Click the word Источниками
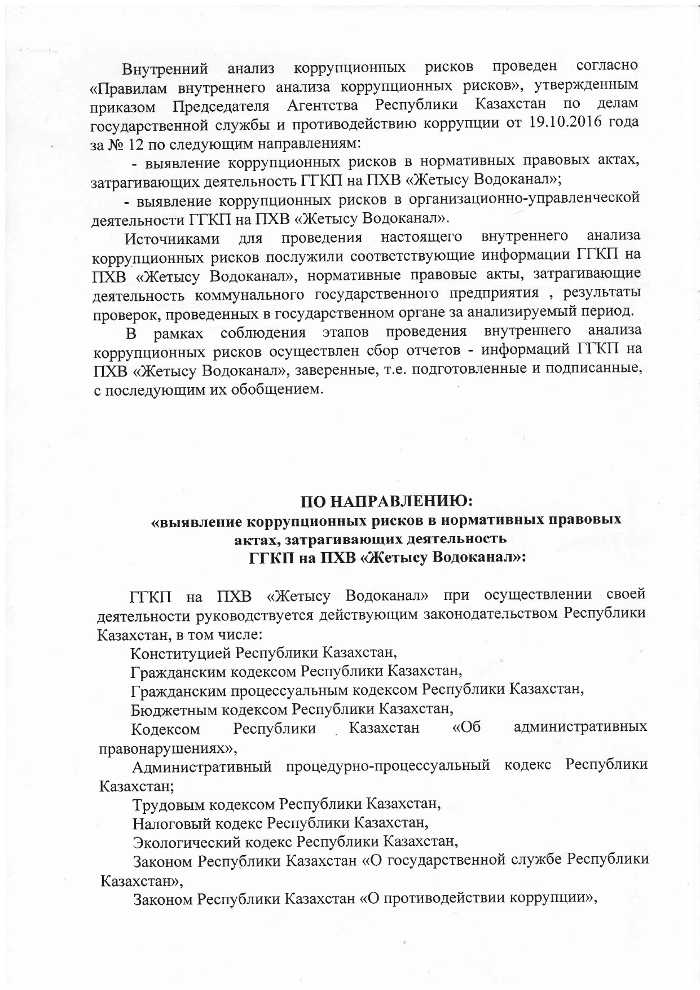click(173, 238)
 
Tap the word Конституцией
click(182, 653)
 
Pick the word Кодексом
click(166, 729)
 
